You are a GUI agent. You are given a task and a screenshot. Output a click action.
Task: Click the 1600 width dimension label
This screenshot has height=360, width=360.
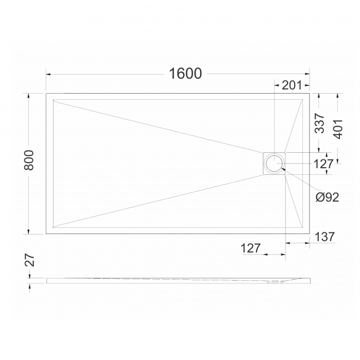pos(185,74)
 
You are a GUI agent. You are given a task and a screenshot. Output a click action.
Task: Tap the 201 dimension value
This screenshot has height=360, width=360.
pos(292,85)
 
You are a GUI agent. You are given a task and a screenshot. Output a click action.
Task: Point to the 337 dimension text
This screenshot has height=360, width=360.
pos(319,123)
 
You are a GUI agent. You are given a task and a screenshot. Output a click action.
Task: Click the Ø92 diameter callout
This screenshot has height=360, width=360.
pos(327,197)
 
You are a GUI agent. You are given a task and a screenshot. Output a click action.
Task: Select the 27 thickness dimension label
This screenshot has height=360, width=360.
pos(30,260)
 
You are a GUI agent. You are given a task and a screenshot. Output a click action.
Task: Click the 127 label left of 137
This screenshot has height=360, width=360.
pos(250,248)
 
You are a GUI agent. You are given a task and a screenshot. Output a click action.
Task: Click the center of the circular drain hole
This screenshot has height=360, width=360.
pos(274,163)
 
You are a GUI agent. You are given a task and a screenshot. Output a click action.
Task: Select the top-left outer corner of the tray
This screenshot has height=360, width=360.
pos(46,93)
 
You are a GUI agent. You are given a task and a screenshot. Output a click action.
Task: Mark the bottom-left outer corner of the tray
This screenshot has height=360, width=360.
pos(46,234)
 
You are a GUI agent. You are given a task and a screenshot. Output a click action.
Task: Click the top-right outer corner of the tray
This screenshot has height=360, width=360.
pos(310,93)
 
